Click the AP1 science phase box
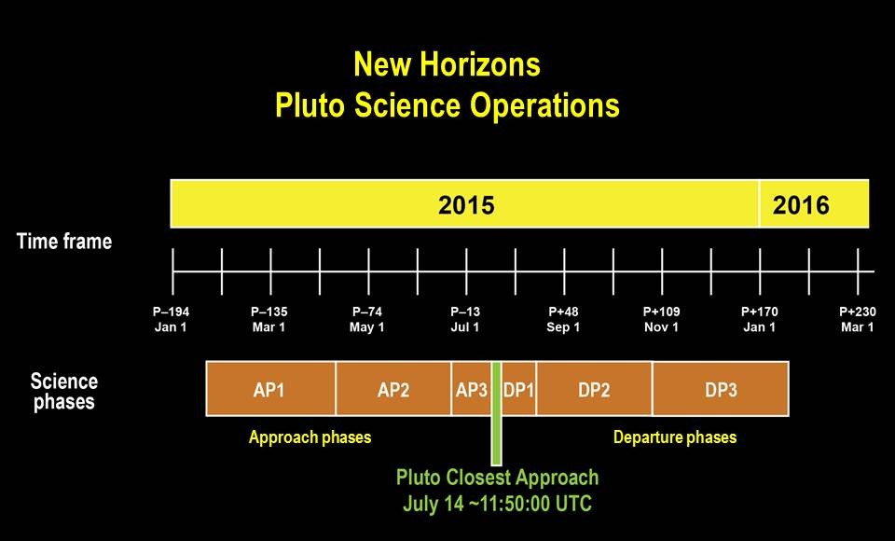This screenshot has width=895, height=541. point(270,388)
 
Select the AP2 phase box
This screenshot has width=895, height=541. point(393,388)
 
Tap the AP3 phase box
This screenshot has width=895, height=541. point(472,388)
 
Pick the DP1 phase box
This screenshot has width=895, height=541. point(519,388)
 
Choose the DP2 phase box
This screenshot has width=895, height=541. point(594,388)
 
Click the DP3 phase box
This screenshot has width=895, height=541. point(721,388)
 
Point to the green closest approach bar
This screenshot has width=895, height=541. point(497,413)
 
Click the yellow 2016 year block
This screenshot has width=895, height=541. point(814,204)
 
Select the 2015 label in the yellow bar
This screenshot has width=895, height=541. point(466,205)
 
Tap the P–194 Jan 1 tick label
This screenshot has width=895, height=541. point(171,319)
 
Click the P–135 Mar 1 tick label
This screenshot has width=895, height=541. point(268,319)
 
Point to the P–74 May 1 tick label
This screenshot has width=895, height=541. point(367,319)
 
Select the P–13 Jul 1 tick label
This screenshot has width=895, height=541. point(465,319)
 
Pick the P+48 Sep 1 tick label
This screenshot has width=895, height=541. point(563,319)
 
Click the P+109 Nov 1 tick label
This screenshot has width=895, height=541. point(662,319)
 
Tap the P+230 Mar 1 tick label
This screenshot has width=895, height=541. point(858,319)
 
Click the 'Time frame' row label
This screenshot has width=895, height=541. point(64,241)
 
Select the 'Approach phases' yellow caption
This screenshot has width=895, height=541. point(310,437)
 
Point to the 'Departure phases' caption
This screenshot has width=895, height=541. point(675,437)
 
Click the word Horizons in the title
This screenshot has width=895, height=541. point(479,64)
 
